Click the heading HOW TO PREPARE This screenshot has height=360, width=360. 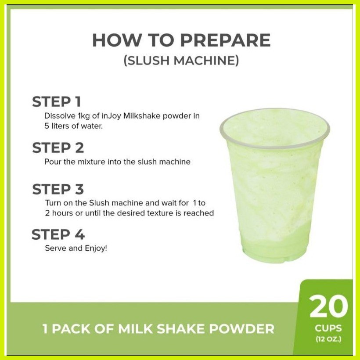[x=181, y=40]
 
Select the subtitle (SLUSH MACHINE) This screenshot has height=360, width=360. [x=181, y=61]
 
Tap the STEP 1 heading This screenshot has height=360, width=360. [x=57, y=102]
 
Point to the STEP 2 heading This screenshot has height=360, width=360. [x=58, y=148]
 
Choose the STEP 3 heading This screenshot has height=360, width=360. [x=58, y=190]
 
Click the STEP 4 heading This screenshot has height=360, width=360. [x=58, y=235]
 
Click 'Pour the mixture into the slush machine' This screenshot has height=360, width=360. [x=117, y=162]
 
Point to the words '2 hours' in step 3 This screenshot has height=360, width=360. [x=58, y=213]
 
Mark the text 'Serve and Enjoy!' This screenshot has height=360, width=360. [x=76, y=248]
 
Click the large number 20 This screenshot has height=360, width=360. [x=328, y=307]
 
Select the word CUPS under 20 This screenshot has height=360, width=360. [x=328, y=328]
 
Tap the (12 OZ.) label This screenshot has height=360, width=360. [x=328, y=338]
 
